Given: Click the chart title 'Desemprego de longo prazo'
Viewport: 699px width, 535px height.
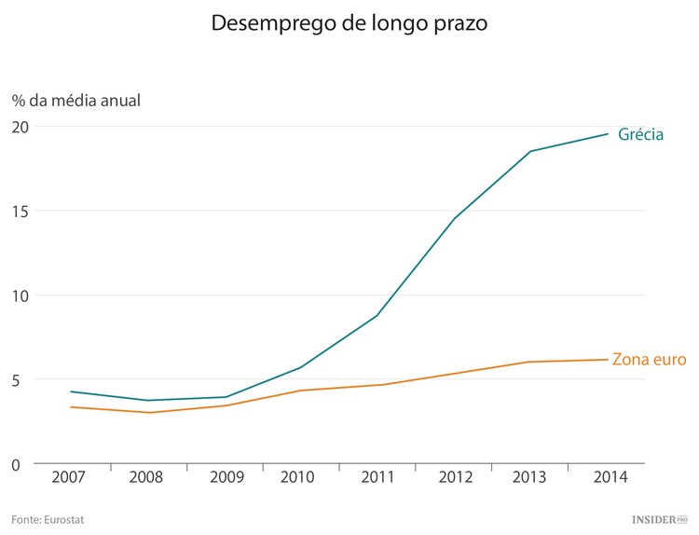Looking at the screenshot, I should point(349,22).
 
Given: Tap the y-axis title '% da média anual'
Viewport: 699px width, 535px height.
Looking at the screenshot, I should point(76,99).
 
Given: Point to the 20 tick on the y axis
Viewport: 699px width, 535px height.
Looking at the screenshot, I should point(21,127).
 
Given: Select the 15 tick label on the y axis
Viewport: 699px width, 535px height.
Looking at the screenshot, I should point(21,211).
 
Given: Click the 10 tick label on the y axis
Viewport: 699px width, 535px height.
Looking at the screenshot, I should point(21,295).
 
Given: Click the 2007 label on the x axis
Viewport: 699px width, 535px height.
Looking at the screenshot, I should point(71,476).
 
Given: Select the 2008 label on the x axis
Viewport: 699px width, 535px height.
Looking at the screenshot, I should point(147,476).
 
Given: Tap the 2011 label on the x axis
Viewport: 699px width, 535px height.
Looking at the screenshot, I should point(377,476).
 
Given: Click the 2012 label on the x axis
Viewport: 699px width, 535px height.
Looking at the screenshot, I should point(454,476).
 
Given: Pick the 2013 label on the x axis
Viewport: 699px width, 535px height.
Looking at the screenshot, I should point(530,476).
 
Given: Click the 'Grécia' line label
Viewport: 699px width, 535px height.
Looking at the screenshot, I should point(640,134).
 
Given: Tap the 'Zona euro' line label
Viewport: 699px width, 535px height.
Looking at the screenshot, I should point(649,360).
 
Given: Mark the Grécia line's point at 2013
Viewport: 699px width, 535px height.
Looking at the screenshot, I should point(530,151).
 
